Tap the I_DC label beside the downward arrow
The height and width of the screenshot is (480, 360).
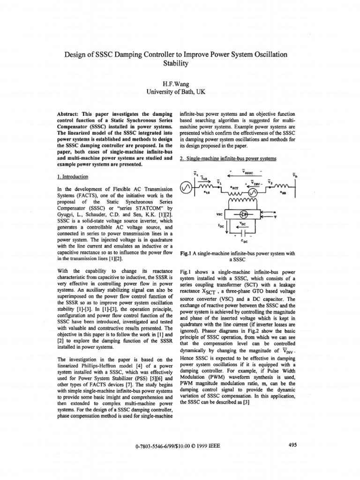[x=221, y=225]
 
